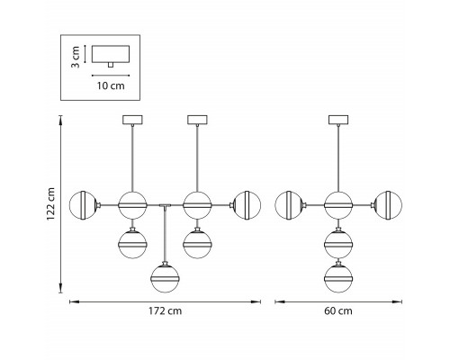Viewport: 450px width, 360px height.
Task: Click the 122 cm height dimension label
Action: [x=51, y=204]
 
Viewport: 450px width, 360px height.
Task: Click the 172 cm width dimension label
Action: [x=165, y=310]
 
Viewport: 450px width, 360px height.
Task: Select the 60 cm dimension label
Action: [x=338, y=310]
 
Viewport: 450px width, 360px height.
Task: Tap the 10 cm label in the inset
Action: [x=111, y=85]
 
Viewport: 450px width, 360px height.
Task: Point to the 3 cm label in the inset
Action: [x=76, y=57]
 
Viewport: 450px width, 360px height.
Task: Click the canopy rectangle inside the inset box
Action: [x=111, y=54]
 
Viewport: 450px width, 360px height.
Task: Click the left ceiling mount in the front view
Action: [x=132, y=120]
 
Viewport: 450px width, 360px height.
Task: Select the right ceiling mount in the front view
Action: [x=197, y=120]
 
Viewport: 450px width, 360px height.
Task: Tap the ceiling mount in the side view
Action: [x=338, y=120]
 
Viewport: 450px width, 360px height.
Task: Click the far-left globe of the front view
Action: [x=83, y=205]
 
